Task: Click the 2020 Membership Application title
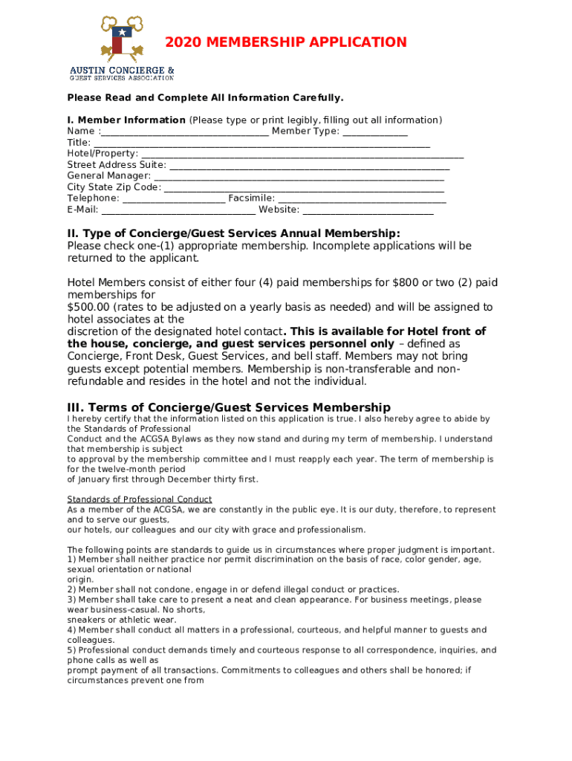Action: tap(286, 42)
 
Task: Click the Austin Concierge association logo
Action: tap(122, 48)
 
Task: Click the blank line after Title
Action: tap(261, 143)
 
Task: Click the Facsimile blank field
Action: tap(362, 199)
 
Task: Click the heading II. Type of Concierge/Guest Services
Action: tap(233, 233)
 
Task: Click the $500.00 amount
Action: tap(88, 307)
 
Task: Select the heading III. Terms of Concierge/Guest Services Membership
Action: tap(229, 407)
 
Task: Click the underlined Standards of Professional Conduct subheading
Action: tap(140, 499)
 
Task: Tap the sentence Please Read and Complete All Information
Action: tap(205, 98)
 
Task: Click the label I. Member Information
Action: tap(126, 120)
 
